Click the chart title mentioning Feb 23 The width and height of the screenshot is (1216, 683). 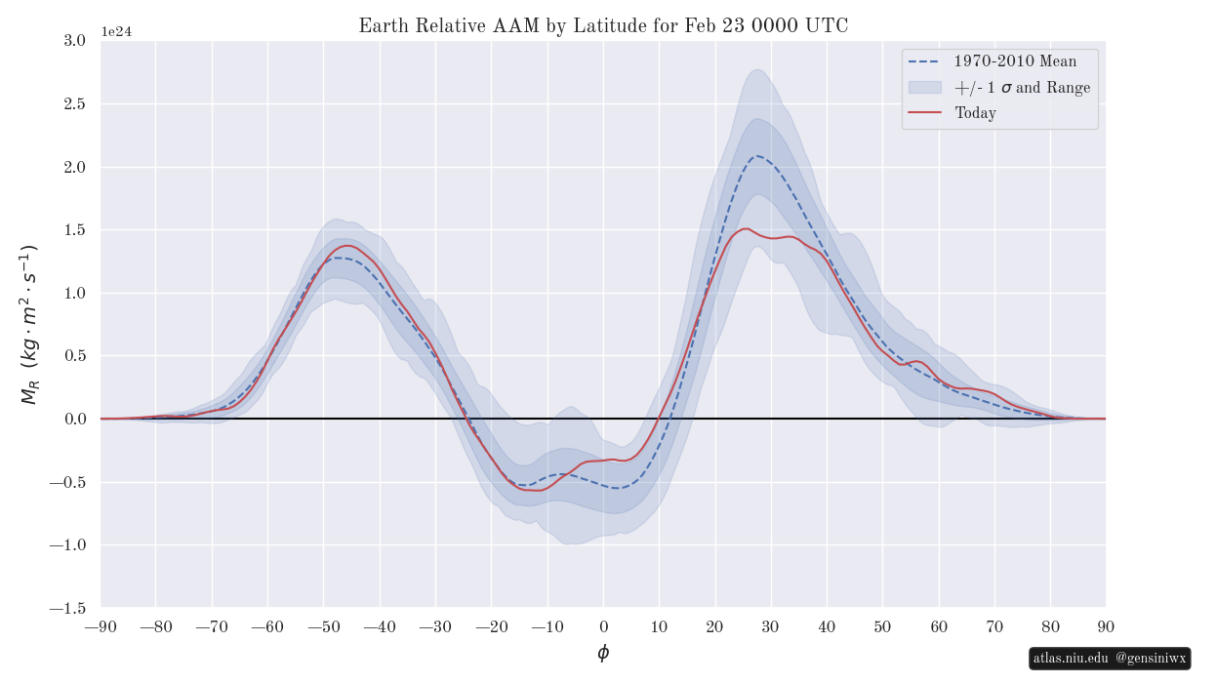[x=603, y=26]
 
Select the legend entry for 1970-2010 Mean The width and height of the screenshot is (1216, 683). [x=1015, y=61]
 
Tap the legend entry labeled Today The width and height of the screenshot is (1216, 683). [x=975, y=113]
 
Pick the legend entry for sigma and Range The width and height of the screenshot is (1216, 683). [x=1022, y=88]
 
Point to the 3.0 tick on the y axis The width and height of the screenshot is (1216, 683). [x=73, y=40]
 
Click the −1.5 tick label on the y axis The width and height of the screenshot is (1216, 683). [x=67, y=608]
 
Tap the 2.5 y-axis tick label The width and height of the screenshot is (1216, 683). [x=73, y=103]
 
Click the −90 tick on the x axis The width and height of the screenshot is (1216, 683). [x=101, y=626]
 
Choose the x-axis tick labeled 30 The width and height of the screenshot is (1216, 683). [x=771, y=626]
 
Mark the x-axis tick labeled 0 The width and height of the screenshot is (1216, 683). [x=603, y=626]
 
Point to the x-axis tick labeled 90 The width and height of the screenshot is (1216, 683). [x=1106, y=626]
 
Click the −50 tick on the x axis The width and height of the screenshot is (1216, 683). [x=324, y=626]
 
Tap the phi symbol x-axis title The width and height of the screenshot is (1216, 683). [x=603, y=653]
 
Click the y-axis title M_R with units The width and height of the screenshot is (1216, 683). [x=29, y=324]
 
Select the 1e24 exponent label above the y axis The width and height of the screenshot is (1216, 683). [x=116, y=31]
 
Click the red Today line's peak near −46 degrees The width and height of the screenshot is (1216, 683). [x=346, y=246]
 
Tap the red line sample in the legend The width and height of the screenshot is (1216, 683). [x=924, y=113]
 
